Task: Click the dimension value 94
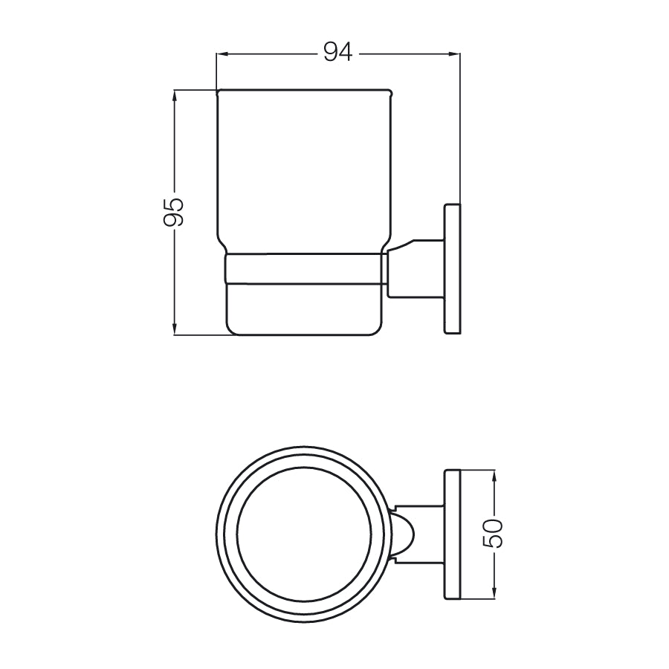[x=337, y=53]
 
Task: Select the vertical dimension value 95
[x=173, y=212]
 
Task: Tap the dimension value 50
[x=495, y=534]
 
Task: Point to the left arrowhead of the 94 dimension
[x=221, y=54]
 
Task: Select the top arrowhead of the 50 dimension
[x=494, y=474]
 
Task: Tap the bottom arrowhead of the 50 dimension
[x=494, y=593]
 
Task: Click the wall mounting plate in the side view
[x=452, y=268]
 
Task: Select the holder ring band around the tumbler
[x=305, y=269]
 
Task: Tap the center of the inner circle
[x=305, y=534]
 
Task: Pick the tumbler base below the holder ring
[x=305, y=308]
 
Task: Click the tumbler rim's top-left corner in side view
[x=218, y=92]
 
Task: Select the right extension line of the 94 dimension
[x=460, y=126]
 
